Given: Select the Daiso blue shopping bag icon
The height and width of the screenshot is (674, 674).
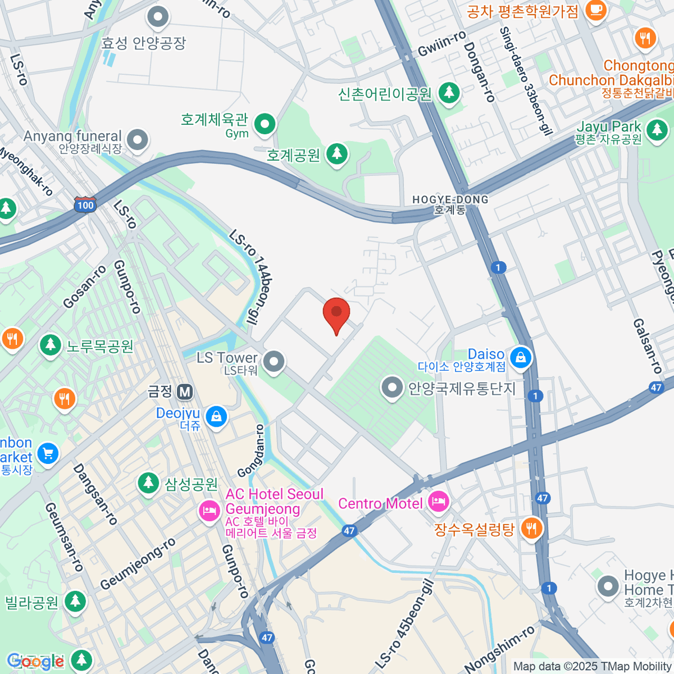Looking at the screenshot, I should [x=521, y=357].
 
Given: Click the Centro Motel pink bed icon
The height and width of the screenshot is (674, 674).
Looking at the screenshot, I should [x=438, y=502].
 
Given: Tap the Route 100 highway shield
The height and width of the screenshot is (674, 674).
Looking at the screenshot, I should [x=85, y=205].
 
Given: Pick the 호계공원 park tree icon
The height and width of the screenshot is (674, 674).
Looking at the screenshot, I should [x=337, y=153].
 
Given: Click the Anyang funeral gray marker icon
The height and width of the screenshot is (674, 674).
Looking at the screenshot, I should [x=137, y=139].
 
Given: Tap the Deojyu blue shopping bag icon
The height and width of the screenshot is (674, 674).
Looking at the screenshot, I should [x=216, y=416].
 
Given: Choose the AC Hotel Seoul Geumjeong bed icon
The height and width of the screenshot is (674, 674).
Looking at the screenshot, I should [x=209, y=510].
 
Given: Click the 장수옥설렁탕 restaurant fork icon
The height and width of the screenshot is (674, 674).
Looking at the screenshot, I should [x=530, y=529].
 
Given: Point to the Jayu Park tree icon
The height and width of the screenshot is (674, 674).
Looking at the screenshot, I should [x=656, y=130].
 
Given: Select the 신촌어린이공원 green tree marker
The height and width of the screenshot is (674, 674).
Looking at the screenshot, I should [x=448, y=92].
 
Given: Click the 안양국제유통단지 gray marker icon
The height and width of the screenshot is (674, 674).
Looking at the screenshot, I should [x=391, y=388].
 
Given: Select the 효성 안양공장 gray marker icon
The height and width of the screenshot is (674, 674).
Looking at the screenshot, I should [x=158, y=17].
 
